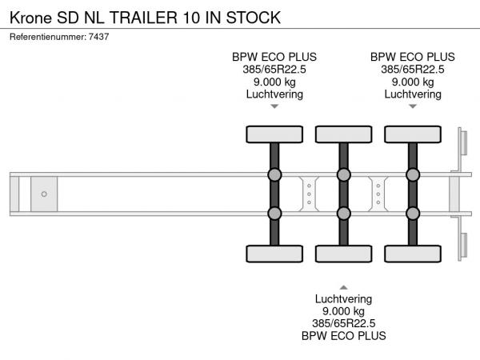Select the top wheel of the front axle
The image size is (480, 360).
coord(274,134)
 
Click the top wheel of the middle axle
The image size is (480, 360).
coord(343,134)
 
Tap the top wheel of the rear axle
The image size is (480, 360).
coord(413,134)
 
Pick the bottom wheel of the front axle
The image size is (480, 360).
coord(274,254)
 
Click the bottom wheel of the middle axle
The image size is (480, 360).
coord(343,254)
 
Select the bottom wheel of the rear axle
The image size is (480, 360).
coord(413,254)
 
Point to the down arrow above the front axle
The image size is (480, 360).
coord(274,106)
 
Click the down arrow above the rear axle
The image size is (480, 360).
coord(413,106)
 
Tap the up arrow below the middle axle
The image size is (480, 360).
coord(343,286)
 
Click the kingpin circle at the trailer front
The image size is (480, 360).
coord(44,194)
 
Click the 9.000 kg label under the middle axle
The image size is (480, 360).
coord(343,311)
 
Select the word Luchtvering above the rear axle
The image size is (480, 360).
coord(413,94)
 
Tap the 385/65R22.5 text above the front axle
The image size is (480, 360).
coord(274,69)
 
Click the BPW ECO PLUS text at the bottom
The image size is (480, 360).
coord(343,336)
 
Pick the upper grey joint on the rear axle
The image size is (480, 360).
coord(413,175)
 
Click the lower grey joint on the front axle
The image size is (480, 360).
coord(274,213)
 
